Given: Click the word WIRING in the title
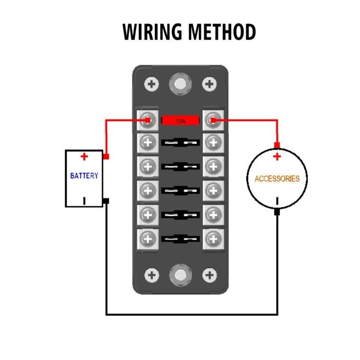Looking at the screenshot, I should point(152,32).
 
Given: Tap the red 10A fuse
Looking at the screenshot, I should point(180,120).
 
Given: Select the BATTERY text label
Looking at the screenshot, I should point(84,176).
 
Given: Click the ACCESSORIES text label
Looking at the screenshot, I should point(277,179).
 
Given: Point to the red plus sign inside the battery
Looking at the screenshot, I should point(84,156).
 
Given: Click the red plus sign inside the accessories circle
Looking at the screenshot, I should point(277,157).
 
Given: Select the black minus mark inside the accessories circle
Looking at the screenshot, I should point(277,201).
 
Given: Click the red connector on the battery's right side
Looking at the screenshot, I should point(106,156).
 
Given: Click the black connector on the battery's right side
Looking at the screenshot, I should point(106,200).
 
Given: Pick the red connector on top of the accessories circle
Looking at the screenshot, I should point(277,145).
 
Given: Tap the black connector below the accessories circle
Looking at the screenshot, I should point(277,212).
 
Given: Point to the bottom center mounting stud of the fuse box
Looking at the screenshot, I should point(180,276).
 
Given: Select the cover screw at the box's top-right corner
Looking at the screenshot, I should point(209,85).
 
